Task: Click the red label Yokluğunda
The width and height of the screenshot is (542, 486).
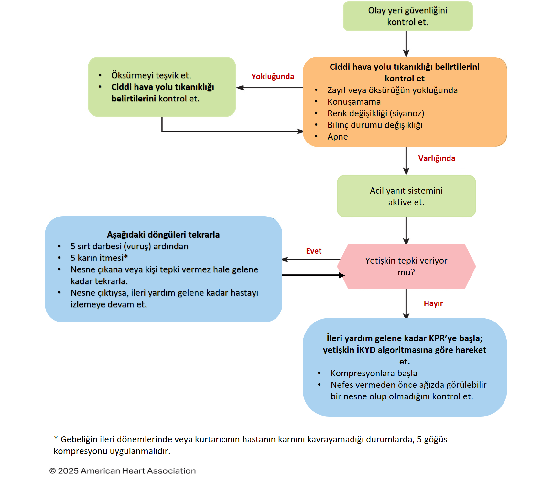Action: [x=273, y=77]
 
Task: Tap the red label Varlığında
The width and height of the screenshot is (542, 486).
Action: [x=437, y=158]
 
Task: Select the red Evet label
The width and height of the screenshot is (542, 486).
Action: [x=314, y=251]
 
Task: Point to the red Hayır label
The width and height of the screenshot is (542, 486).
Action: [x=433, y=303]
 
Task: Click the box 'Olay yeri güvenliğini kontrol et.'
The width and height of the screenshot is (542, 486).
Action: [x=407, y=16]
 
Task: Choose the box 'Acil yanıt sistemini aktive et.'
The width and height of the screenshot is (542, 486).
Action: [x=406, y=196]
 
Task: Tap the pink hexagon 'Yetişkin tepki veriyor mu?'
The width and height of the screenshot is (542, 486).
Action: [x=406, y=266]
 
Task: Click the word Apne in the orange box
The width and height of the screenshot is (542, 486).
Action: [x=338, y=137]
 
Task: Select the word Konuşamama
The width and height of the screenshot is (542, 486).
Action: [x=354, y=102]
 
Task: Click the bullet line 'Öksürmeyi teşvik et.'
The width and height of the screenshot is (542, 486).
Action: [x=151, y=75]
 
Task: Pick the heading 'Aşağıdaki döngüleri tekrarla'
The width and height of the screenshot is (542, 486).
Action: [x=163, y=235]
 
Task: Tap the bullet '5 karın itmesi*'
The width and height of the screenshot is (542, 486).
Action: [x=99, y=258]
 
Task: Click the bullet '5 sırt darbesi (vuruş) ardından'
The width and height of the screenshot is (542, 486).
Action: [x=129, y=246]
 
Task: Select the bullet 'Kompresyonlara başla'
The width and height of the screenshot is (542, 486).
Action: [x=374, y=373]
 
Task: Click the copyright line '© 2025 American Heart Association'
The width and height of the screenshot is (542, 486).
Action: [x=123, y=471]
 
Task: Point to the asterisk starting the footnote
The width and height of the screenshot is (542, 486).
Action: [x=56, y=438]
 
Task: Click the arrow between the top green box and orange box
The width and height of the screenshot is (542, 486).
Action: [x=406, y=44]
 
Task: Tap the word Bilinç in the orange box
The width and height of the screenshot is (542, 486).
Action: [x=338, y=125]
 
